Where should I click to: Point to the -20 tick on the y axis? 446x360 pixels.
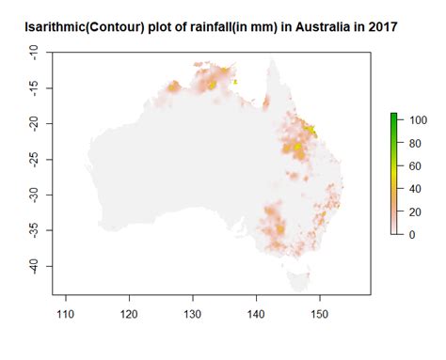click(x=33, y=124)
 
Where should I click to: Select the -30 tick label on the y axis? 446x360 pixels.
click(x=33, y=195)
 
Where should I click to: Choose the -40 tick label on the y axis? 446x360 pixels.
click(x=33, y=266)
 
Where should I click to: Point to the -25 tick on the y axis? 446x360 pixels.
click(x=33, y=160)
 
